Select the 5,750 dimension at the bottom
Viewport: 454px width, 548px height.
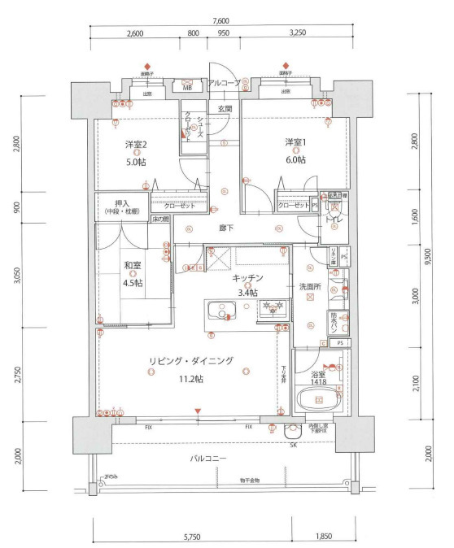[192, 537]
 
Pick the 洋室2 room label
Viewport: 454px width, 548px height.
[136, 144]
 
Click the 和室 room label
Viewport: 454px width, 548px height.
[133, 266]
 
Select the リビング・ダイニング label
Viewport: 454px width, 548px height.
[191, 361]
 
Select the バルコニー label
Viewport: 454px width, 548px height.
[208, 459]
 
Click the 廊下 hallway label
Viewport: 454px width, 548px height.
[226, 228]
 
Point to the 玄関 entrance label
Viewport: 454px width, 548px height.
[225, 108]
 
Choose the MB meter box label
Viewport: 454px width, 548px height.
[187, 88]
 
